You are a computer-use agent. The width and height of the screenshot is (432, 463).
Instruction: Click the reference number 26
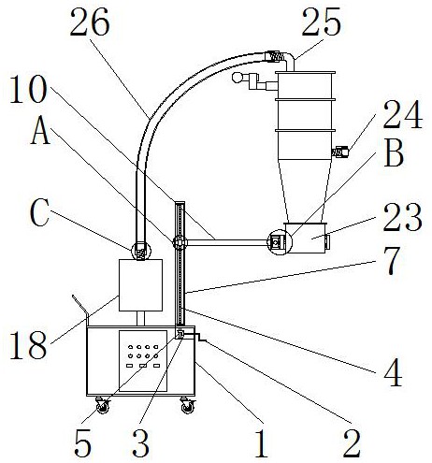pyautogui.click(x=90, y=22)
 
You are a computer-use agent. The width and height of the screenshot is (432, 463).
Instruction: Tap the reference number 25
pyautogui.click(x=321, y=22)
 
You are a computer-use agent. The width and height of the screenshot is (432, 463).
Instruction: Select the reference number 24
pyautogui.click(x=403, y=114)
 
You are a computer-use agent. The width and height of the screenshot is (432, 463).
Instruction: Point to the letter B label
pyautogui.click(x=395, y=153)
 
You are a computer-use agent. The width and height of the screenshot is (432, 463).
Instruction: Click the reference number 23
pyautogui.click(x=403, y=217)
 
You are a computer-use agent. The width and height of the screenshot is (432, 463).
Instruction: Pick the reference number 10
pyautogui.click(x=28, y=90)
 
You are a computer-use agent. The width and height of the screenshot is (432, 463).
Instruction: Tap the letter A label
pyautogui.click(x=40, y=132)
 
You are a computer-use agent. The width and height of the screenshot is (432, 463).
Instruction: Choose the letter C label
pyautogui.click(x=39, y=213)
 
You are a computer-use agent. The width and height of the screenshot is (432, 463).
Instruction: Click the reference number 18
pyautogui.click(x=28, y=345)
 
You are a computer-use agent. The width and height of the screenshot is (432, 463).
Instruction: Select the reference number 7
pyautogui.click(x=394, y=261)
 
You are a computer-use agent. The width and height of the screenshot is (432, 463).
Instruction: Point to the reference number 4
pyautogui.click(x=393, y=372)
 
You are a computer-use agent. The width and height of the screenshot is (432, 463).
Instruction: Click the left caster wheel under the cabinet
pyautogui.click(x=103, y=405)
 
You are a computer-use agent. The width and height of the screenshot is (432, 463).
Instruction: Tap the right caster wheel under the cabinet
pyautogui.click(x=188, y=405)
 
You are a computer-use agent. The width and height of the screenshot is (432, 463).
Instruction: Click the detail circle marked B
pyautogui.click(x=279, y=242)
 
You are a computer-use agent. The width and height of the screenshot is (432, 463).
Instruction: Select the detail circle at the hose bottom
pyautogui.click(x=141, y=251)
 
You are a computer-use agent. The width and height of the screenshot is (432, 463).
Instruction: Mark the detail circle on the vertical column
pyautogui.click(x=180, y=242)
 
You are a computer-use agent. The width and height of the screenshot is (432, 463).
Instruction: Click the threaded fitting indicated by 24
pyautogui.click(x=340, y=152)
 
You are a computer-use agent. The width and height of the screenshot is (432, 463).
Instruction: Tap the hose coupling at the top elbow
pyautogui.click(x=275, y=56)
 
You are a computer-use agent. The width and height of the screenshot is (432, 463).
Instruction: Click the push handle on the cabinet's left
pyautogui.click(x=80, y=310)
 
